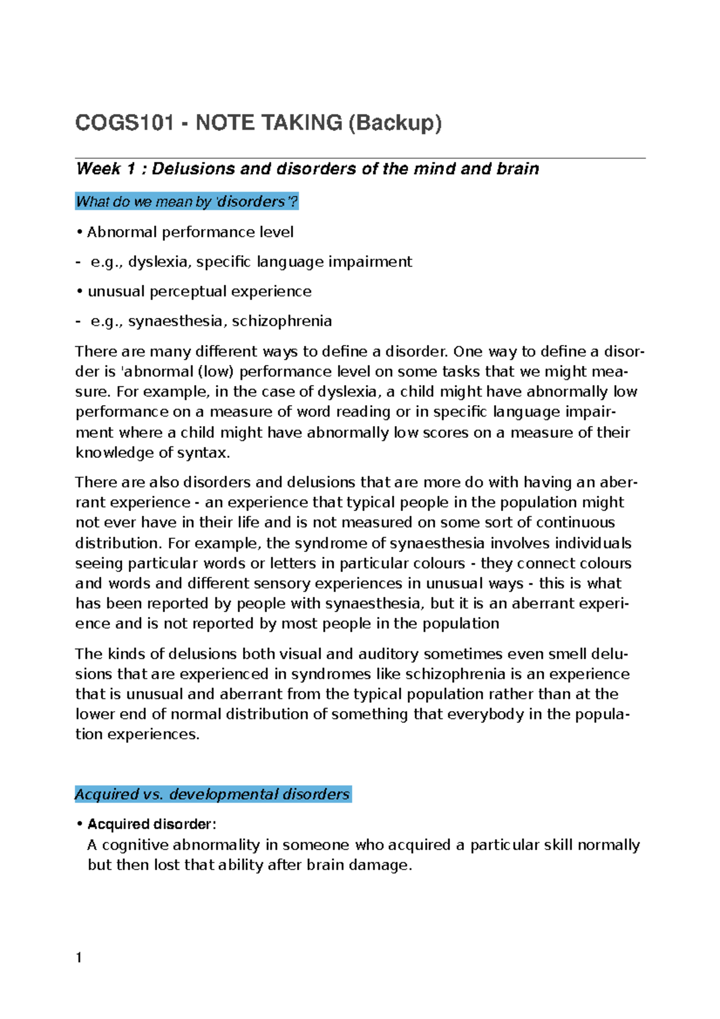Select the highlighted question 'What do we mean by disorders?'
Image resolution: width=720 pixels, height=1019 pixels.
coord(187,202)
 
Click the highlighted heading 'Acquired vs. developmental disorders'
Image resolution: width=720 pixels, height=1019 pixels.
coord(212,794)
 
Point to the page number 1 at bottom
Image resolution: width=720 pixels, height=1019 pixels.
coord(79,958)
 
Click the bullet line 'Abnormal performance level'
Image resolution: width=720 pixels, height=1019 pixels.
coord(190,232)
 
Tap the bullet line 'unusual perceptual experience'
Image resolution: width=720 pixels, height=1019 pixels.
coord(199,292)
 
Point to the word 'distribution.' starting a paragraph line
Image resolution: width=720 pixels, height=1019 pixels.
coord(118,543)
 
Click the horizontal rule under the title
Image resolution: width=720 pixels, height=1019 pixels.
coord(360,158)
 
